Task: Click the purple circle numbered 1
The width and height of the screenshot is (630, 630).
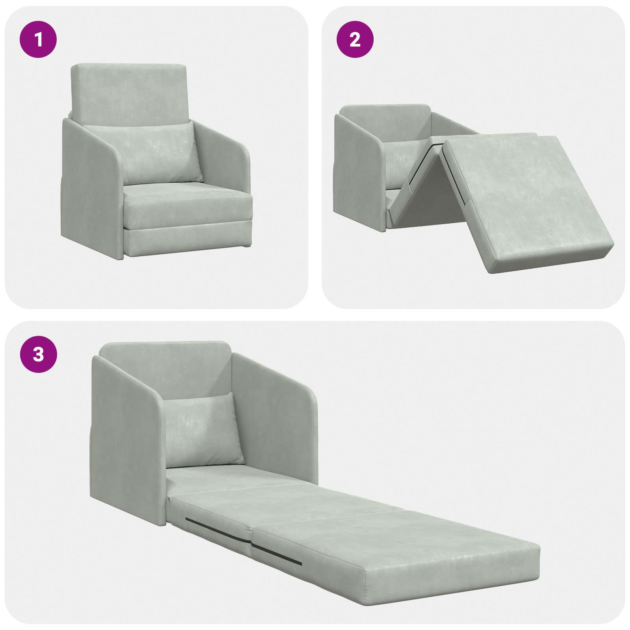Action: click(x=39, y=40)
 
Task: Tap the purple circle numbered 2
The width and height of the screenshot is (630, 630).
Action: click(x=355, y=40)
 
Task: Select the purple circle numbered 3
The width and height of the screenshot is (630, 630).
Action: click(x=39, y=355)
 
